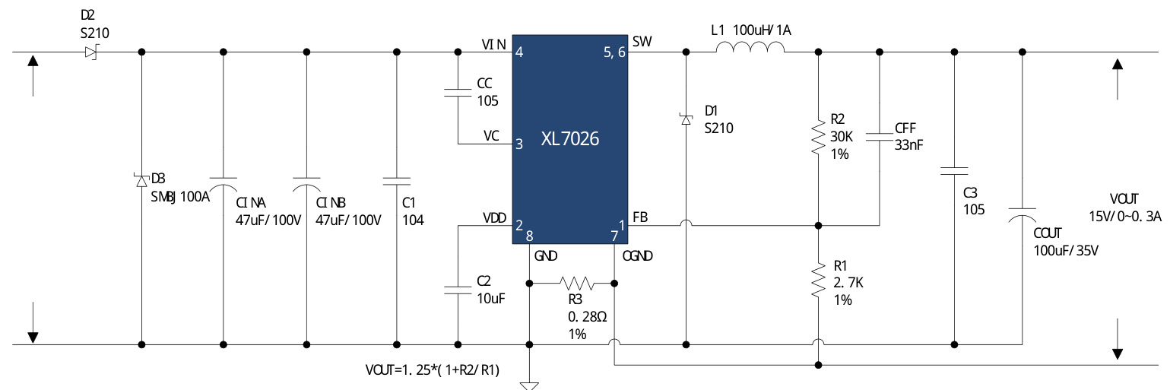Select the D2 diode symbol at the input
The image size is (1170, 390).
tap(92, 52)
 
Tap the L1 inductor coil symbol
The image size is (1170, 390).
tap(750, 49)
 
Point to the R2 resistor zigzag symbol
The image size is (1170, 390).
tap(817, 137)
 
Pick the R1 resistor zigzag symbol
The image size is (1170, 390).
tap(817, 281)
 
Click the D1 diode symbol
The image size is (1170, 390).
tap(686, 119)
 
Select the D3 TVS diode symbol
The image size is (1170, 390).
tap(141, 180)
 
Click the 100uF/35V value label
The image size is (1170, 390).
tap(1065, 251)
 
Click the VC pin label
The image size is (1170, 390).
tap(491, 135)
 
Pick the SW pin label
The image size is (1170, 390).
tap(642, 43)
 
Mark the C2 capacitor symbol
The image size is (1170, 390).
tap(458, 290)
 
